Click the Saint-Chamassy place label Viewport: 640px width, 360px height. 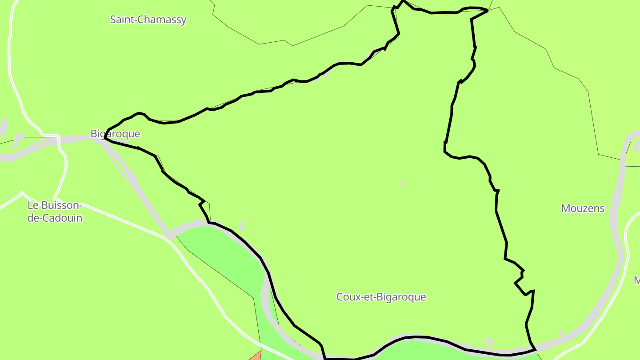point(148,20)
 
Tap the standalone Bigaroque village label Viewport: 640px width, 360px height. point(115,134)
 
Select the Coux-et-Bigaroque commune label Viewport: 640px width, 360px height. point(381,297)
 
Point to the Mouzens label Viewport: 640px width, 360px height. point(583,208)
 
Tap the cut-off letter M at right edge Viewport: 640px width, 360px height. point(636,280)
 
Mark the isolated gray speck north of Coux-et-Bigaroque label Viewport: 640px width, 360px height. point(403,182)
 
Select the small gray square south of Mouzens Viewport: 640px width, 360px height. point(561,332)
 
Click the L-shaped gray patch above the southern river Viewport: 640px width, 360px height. point(489,341)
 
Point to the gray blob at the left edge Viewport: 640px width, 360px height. point(4,126)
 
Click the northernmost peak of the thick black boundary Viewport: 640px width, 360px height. point(404,1)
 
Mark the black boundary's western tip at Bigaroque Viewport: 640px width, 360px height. point(104,139)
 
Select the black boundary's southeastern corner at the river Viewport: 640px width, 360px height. point(535,350)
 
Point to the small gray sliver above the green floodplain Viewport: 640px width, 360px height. point(242,224)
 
